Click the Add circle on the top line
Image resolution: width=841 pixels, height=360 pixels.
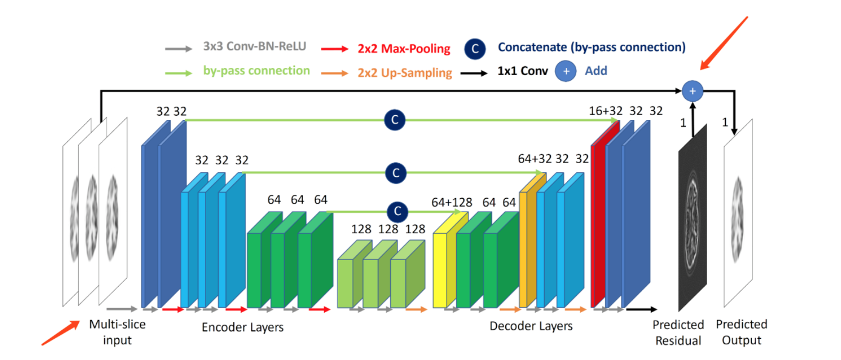[x=693, y=91]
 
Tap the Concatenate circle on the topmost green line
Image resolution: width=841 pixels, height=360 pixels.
[x=394, y=120]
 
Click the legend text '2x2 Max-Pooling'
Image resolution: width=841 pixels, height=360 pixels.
[x=404, y=48]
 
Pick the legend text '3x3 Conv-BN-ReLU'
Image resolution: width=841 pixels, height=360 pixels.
[x=254, y=47]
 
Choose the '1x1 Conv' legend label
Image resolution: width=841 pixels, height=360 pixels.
[x=522, y=71]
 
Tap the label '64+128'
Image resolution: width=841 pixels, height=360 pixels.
[x=451, y=202]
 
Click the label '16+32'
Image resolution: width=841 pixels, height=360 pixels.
[x=606, y=111]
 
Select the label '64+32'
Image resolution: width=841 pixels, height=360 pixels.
[x=535, y=159]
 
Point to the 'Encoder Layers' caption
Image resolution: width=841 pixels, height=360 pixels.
[x=242, y=327]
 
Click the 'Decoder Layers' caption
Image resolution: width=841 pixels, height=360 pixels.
[x=531, y=326]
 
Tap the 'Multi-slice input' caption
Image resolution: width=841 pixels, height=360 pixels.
[x=117, y=332]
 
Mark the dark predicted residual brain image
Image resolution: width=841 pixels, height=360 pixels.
[x=693, y=221]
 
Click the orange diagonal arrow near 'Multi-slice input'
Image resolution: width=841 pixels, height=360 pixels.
[x=61, y=333]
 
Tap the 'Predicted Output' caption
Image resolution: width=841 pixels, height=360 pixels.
[x=741, y=332]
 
